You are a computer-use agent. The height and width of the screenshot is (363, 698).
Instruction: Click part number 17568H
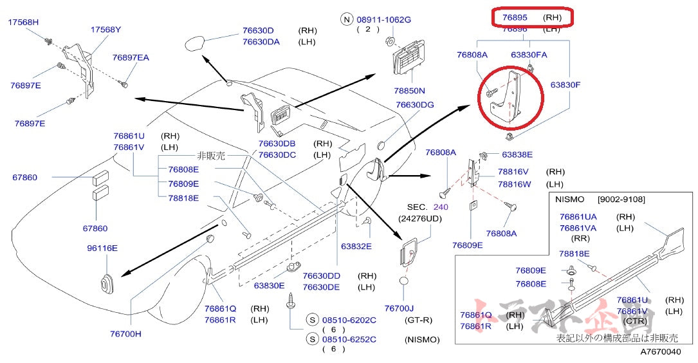(23, 22)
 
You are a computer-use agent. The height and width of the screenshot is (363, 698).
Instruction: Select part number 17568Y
(106, 30)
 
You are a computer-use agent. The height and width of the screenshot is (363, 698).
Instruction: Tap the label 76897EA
(131, 58)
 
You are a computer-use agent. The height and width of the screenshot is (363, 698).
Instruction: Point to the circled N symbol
(347, 20)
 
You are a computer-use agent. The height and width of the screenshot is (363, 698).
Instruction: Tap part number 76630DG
(414, 105)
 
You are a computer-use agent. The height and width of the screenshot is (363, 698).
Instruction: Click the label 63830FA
(529, 55)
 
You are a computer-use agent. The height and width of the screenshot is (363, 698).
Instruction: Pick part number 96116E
(102, 248)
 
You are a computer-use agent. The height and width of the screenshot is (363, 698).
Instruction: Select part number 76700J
(399, 308)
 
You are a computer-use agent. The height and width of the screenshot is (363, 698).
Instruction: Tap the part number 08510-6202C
(349, 320)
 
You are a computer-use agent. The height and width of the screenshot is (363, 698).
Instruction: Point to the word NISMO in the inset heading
(569, 200)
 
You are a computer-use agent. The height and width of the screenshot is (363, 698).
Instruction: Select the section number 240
(440, 207)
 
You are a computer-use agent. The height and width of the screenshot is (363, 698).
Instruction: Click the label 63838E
(517, 154)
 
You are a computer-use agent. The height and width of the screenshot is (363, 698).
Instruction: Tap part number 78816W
(513, 184)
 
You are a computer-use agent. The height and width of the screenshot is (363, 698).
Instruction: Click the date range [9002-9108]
(621, 200)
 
